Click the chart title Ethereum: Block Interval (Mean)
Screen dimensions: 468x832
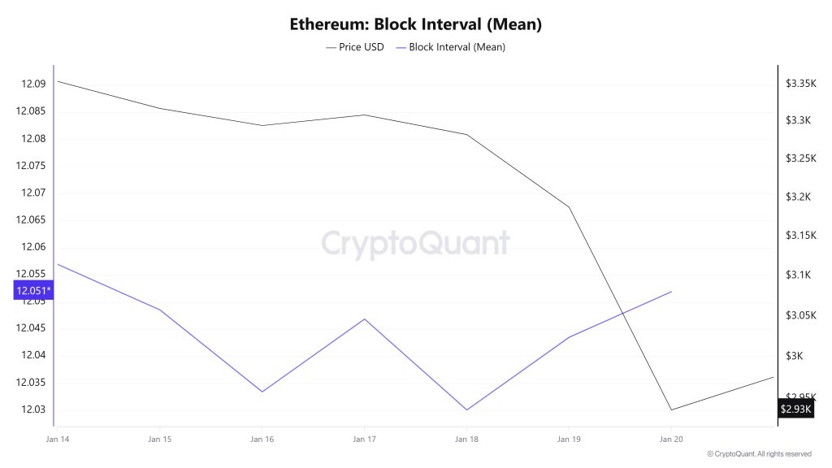pyautogui.click(x=415, y=24)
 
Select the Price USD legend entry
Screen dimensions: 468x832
pyautogui.click(x=355, y=47)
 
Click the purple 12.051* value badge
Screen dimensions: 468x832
pyautogui.click(x=33, y=291)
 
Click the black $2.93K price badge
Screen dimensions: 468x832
pyautogui.click(x=795, y=409)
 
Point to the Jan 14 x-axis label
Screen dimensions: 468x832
pyautogui.click(x=58, y=440)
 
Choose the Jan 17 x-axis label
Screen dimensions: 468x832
pyautogui.click(x=364, y=440)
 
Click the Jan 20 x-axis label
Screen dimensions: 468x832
pyautogui.click(x=671, y=440)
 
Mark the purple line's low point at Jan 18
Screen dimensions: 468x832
pyautogui.click(x=466, y=409)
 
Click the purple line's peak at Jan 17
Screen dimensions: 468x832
pyautogui.click(x=364, y=318)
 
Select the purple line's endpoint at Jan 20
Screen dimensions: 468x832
pyautogui.click(x=671, y=291)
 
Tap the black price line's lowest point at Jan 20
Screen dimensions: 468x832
pyautogui.click(x=671, y=409)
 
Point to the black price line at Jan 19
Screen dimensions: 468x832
pyautogui.click(x=569, y=206)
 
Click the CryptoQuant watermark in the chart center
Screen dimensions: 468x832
pyautogui.click(x=415, y=244)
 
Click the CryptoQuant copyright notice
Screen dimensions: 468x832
pyautogui.click(x=758, y=454)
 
